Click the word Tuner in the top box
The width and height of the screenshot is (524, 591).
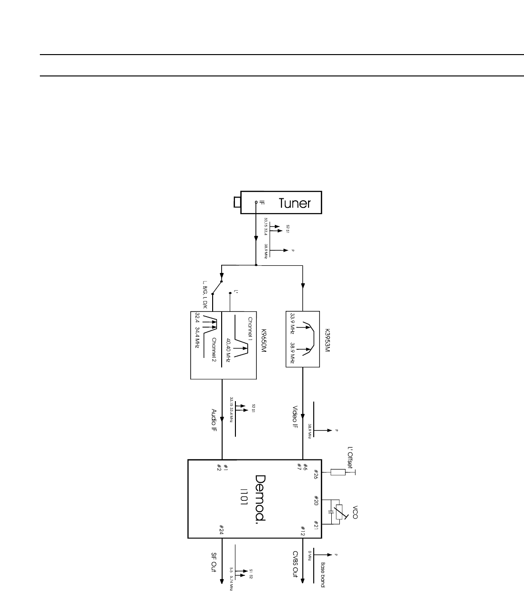[294, 203]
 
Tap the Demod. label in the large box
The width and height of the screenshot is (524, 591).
[260, 498]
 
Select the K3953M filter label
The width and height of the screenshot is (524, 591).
[327, 338]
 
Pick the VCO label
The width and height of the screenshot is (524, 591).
[355, 513]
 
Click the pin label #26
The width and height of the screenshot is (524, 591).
[316, 474]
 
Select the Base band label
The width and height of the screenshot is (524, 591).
[323, 574]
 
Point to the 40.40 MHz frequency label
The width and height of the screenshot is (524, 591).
[228, 350]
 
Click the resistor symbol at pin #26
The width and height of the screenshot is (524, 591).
[338, 472]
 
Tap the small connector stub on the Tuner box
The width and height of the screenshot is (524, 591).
[237, 203]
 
